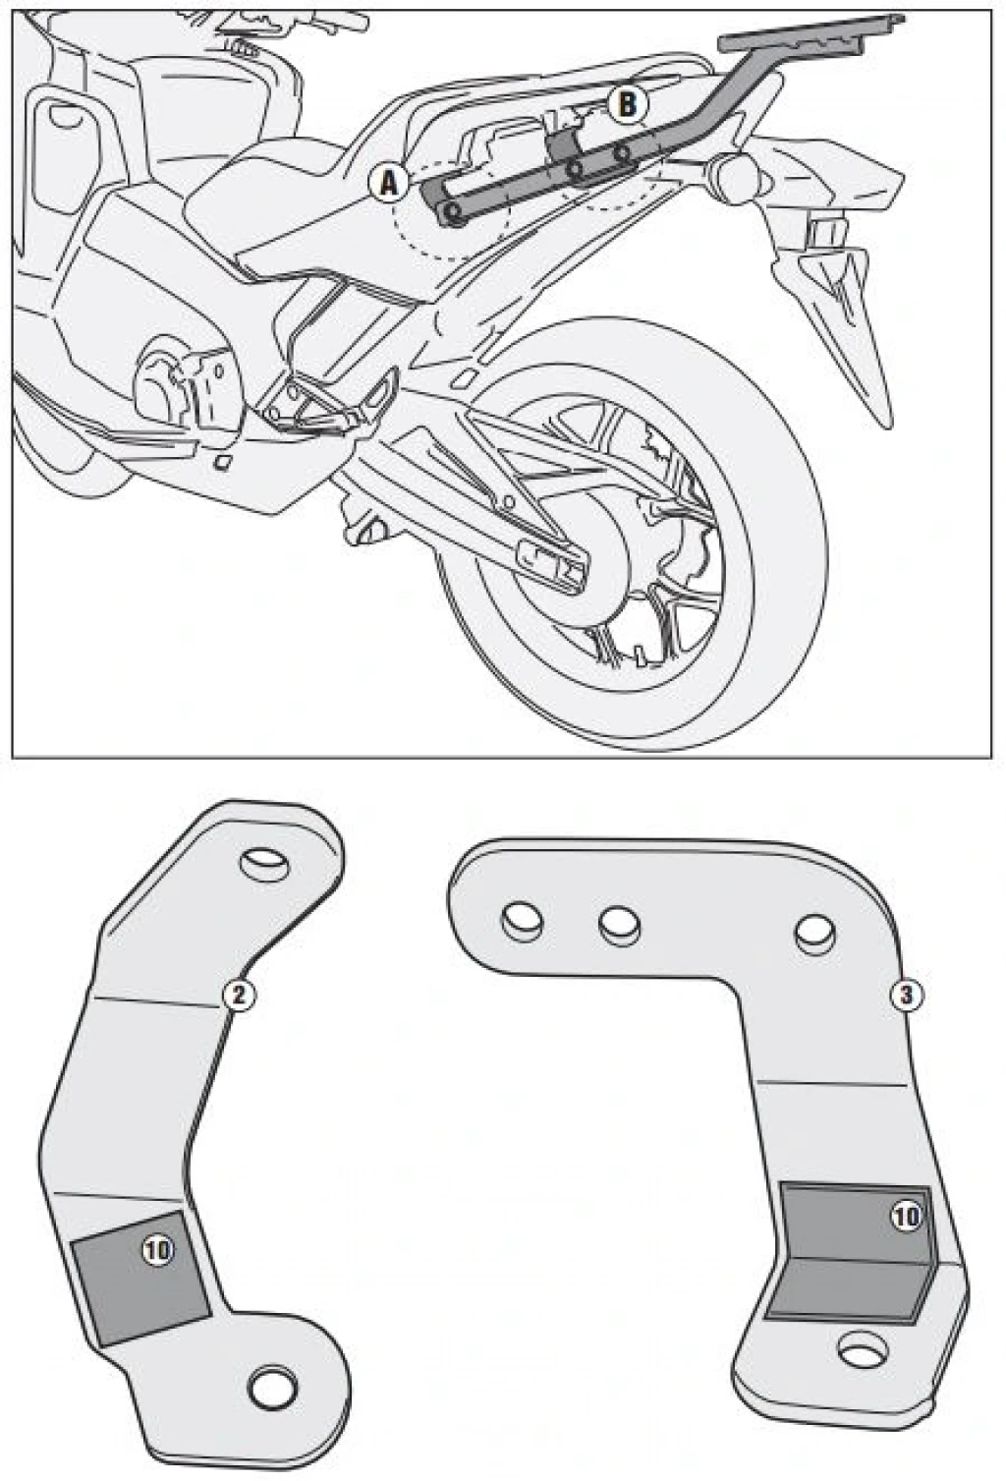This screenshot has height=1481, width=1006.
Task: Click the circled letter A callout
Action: [x=389, y=183]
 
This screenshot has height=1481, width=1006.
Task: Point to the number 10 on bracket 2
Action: [x=157, y=1250]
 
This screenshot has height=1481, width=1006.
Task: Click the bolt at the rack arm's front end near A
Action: [x=453, y=211]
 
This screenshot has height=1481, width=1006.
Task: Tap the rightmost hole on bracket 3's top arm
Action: [x=814, y=934]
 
